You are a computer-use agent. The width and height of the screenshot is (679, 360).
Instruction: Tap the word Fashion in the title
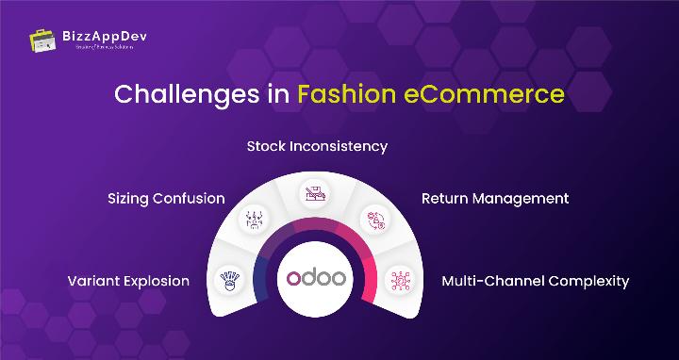(344, 95)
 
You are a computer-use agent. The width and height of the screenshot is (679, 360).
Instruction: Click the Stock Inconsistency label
(317, 147)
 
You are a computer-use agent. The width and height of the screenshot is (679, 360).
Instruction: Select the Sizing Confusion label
(166, 198)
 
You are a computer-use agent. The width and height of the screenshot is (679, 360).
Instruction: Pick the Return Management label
(494, 198)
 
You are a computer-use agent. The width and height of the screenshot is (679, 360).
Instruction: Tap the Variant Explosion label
(128, 281)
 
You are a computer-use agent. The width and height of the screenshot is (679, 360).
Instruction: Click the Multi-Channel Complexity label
(535, 281)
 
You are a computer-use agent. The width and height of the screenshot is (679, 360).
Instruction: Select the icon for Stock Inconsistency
(314, 195)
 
